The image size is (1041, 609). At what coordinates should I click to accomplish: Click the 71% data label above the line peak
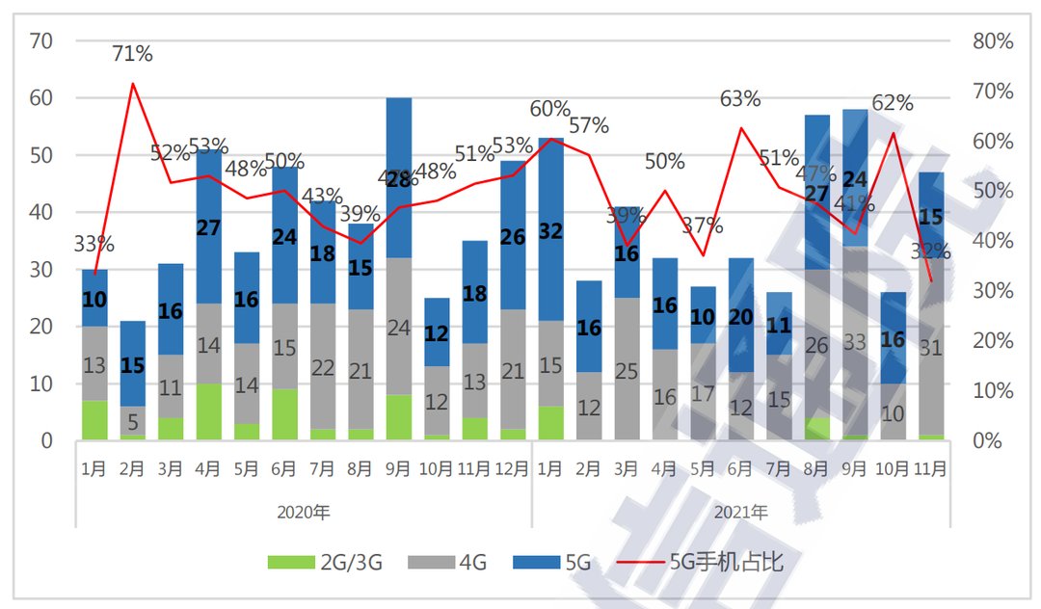[133, 54]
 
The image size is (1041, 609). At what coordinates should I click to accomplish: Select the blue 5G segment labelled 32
[551, 231]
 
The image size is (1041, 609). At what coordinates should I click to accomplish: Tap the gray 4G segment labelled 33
[855, 342]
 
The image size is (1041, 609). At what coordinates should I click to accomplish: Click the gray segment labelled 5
[133, 421]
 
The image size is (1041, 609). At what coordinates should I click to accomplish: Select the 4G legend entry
[453, 563]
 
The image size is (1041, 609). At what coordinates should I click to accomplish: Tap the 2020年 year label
[303, 512]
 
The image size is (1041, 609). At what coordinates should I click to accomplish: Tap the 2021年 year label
[740, 512]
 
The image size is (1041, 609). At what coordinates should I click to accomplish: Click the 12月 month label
[513, 469]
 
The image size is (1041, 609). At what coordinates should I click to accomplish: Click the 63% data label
[740, 98]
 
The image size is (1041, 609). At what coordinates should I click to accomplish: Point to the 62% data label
[892, 102]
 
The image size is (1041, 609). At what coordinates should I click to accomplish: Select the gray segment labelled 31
[930, 347]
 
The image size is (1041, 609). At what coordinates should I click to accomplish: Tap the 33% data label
[94, 245]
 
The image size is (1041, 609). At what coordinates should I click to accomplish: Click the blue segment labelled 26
[513, 236]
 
